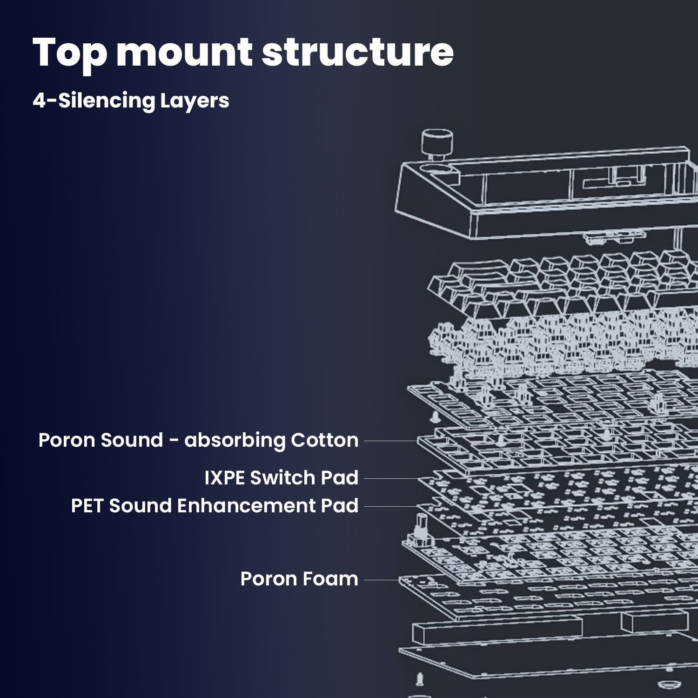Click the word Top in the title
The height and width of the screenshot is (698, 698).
pyautogui.click(x=70, y=53)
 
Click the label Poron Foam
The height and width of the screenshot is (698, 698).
pyautogui.click(x=299, y=579)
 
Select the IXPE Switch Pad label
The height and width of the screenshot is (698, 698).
pyautogui.click(x=281, y=478)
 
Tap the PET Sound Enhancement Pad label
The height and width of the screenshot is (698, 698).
pyautogui.click(x=215, y=506)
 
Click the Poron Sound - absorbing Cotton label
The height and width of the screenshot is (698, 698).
pyautogui.click(x=198, y=440)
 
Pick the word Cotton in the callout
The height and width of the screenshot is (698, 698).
pyautogui.click(x=324, y=440)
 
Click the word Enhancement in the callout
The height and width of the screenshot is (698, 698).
pyautogui.click(x=246, y=506)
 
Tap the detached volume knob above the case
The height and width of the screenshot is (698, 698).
pyautogui.click(x=437, y=142)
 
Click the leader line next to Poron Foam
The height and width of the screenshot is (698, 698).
pyautogui.click(x=382, y=580)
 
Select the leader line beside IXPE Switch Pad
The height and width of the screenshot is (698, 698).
pyautogui.click(x=391, y=478)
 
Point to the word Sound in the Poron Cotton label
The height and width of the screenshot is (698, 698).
pyautogui.click(x=131, y=440)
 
